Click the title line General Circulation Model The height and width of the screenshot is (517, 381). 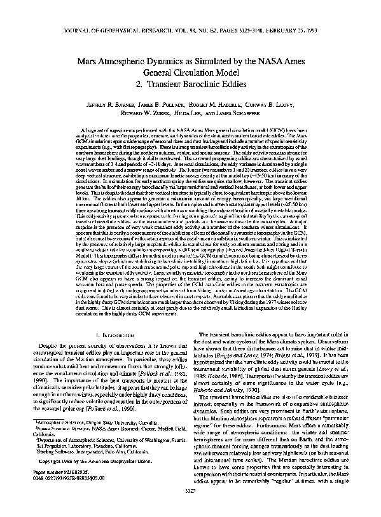click(x=190, y=71)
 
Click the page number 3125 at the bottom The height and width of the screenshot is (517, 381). click(x=190, y=508)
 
